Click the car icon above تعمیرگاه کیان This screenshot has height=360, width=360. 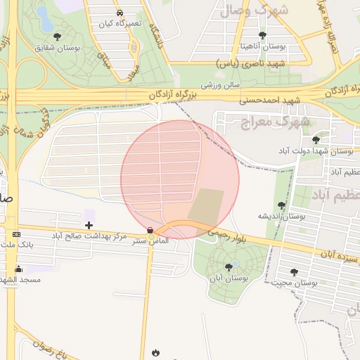pos(120,13)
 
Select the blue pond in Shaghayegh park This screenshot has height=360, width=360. pos(43,18)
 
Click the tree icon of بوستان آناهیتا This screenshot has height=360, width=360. pos(262,34)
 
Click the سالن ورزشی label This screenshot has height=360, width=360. pos(221,84)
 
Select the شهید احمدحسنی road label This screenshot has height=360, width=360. pos(270,100)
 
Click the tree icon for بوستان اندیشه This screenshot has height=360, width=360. pos(282,205)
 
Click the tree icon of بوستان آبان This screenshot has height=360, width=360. pos(229,267)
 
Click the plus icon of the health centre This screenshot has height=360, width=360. pos(89,225)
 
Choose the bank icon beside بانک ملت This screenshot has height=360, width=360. pos(17,233)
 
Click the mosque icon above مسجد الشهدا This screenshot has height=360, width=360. pos(18,269)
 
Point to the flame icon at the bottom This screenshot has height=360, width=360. pos(155,352)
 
